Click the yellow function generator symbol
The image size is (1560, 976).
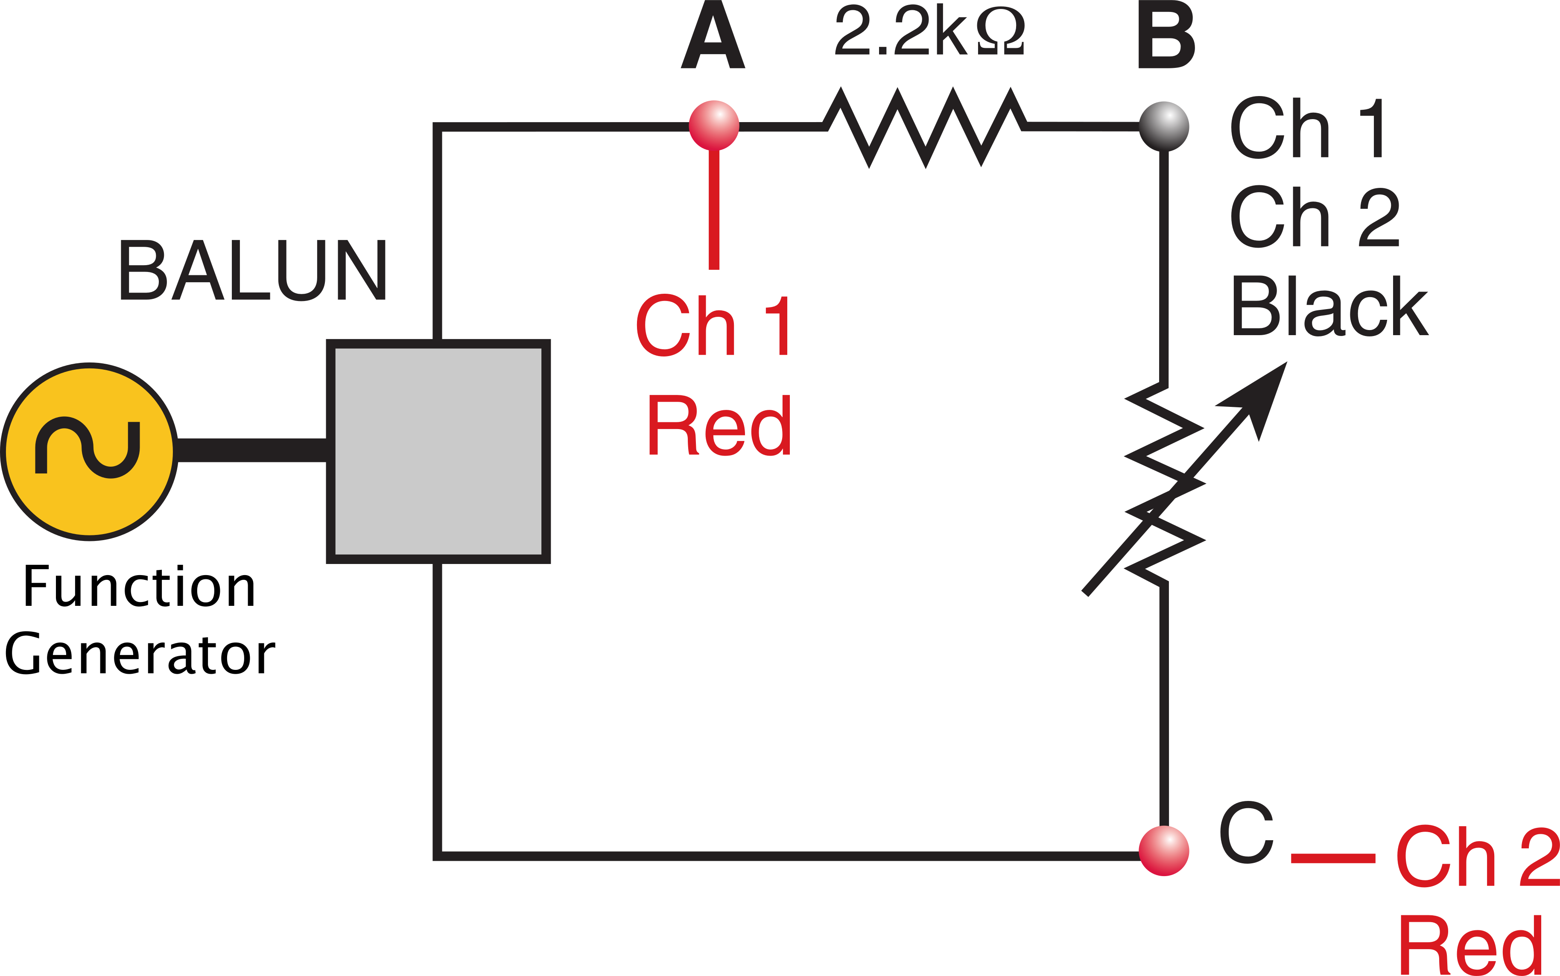(89, 451)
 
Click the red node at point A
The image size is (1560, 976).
(713, 125)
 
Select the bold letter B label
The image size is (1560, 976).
(1165, 35)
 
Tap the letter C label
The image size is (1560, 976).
(1246, 832)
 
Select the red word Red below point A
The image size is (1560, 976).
(719, 425)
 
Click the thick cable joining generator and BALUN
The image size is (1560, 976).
(252, 450)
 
